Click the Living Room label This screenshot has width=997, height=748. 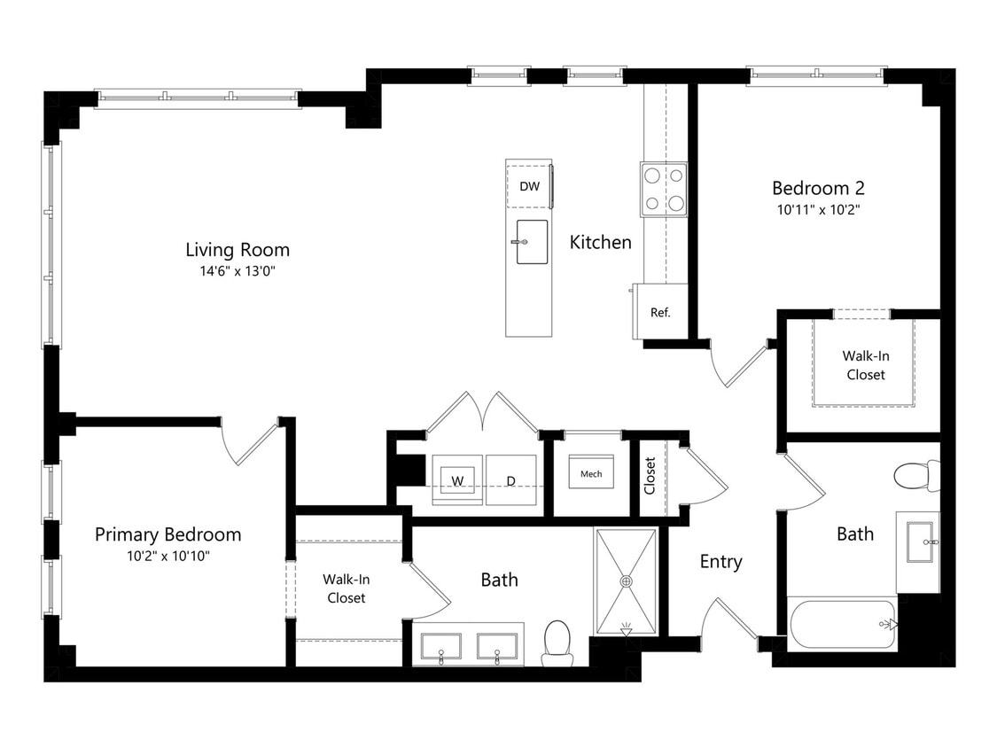point(238,250)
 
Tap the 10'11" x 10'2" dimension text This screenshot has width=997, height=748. point(818,209)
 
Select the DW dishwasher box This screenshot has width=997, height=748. point(529,186)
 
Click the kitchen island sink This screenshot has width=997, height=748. point(532,242)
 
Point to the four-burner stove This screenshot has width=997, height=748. point(664,189)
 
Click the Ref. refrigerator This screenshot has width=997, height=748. point(660,312)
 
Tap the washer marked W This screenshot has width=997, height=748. point(457,480)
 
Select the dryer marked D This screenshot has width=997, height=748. point(511,480)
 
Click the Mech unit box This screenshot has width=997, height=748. point(591,471)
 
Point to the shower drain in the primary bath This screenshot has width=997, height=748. point(627,581)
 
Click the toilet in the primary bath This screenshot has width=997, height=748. point(557,643)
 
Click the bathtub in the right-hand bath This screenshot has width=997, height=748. point(843,623)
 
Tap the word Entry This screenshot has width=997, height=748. point(721,562)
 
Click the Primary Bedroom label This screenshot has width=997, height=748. point(167,534)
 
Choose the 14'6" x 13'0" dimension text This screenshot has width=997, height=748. point(238,271)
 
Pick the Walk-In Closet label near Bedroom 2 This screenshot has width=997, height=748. point(865,365)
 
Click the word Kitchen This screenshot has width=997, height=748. point(600,242)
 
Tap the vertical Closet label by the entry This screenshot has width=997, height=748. point(650,476)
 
